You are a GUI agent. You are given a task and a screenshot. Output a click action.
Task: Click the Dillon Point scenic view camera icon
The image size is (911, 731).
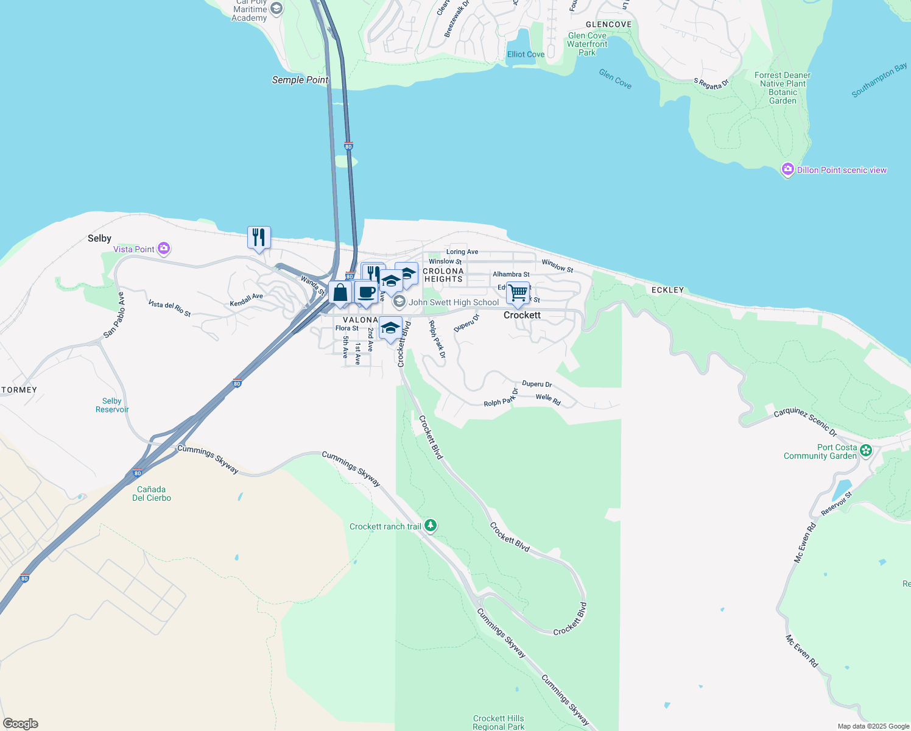pyautogui.click(x=788, y=169)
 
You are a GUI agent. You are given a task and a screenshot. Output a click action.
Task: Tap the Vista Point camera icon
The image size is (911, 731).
pyautogui.click(x=163, y=249)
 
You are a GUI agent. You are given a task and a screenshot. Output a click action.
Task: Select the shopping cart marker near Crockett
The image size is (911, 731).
pyautogui.click(x=518, y=292)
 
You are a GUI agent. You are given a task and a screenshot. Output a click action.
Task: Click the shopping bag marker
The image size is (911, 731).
pyautogui.click(x=340, y=292)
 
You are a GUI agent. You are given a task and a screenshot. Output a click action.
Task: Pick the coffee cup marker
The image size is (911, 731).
pyautogui.click(x=366, y=292)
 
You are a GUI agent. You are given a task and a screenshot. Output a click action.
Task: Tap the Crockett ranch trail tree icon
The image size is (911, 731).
pyautogui.click(x=431, y=525)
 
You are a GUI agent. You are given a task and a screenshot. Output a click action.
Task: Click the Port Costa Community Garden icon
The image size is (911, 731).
pyautogui.click(x=866, y=451)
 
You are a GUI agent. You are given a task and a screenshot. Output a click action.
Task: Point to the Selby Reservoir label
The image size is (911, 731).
pyautogui.click(x=112, y=405)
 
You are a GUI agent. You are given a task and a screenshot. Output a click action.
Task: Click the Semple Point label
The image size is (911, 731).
pyautogui.click(x=300, y=80)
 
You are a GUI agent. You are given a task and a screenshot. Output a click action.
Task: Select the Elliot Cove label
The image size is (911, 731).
pyautogui.click(x=526, y=54)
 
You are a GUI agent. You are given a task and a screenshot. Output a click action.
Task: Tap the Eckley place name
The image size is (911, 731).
pyautogui.click(x=668, y=290)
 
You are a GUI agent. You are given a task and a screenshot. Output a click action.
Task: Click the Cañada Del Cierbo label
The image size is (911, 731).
pyautogui.click(x=152, y=493)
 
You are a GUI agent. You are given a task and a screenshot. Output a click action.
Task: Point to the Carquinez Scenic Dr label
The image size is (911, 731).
pyautogui.click(x=805, y=422)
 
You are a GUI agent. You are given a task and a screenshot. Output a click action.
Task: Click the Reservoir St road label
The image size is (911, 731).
pyautogui.click(x=836, y=504)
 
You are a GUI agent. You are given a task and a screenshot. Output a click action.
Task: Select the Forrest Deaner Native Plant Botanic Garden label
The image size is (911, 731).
pyautogui.click(x=783, y=88)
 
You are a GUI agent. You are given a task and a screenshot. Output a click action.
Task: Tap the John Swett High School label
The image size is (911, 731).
pyautogui.click(x=454, y=302)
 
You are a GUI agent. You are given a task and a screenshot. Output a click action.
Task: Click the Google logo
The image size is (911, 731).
pyautogui.click(x=21, y=723)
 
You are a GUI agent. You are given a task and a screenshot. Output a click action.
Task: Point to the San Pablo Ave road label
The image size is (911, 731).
pyautogui.click(x=114, y=314)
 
